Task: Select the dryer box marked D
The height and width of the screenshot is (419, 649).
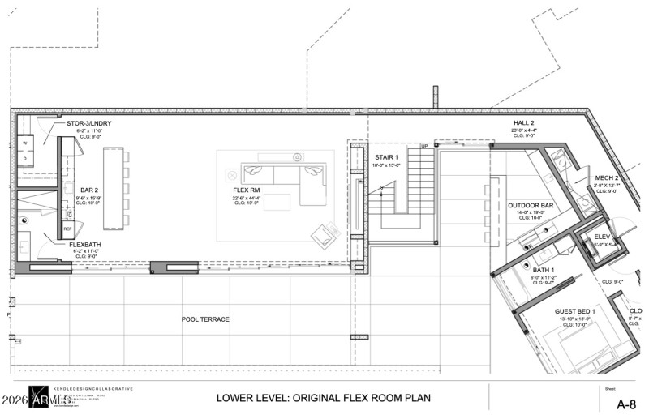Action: [x=24, y=159]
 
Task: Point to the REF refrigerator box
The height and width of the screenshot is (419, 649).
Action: [x=68, y=229]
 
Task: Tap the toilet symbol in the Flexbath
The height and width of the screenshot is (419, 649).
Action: [x=25, y=220]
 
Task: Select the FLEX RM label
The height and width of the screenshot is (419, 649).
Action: [x=245, y=190]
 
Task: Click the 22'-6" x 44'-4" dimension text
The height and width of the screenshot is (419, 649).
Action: [x=245, y=197]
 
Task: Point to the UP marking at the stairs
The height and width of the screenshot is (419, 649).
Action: [x=423, y=147]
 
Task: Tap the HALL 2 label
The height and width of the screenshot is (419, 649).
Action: [x=523, y=123]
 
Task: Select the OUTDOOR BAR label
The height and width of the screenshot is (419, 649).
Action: [x=531, y=205]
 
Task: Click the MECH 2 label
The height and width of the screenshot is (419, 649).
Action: [x=607, y=177]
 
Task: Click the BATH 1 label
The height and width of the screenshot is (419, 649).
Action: [x=544, y=269]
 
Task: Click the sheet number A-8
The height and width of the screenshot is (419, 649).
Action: [x=625, y=404]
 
